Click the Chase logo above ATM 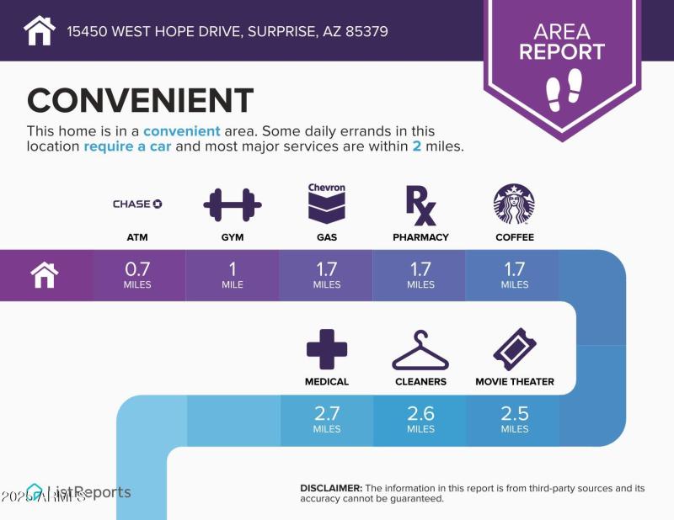click(x=137, y=204)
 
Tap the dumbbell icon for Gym click(x=233, y=204)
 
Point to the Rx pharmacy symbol click(x=420, y=205)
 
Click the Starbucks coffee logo click(x=514, y=204)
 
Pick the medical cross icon click(x=327, y=348)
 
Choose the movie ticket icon click(x=515, y=348)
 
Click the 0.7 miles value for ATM click(x=137, y=274)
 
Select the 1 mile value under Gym click(x=233, y=274)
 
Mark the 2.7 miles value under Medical click(x=327, y=418)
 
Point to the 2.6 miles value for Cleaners click(x=420, y=418)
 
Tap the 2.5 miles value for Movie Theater click(x=515, y=418)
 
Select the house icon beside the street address click(x=40, y=31)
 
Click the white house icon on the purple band click(x=45, y=275)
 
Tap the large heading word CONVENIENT click(x=140, y=101)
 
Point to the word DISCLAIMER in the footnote click(x=331, y=488)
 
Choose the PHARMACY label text click(x=420, y=237)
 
